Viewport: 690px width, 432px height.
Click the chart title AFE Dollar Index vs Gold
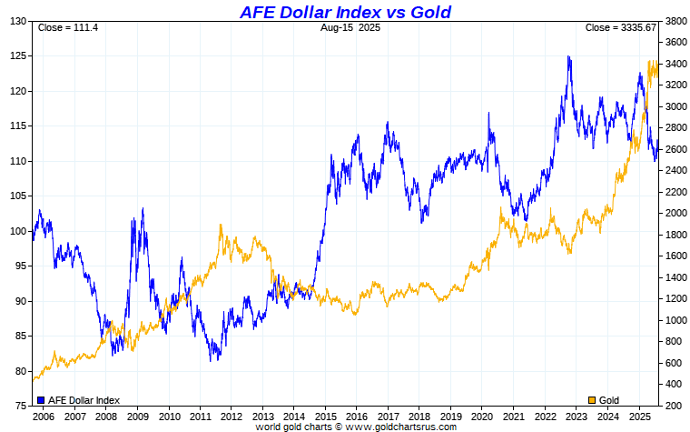pos(345,12)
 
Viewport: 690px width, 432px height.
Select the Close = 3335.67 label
pos(621,27)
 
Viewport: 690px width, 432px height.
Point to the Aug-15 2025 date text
pos(350,27)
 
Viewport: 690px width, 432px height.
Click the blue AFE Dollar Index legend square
pos(41,400)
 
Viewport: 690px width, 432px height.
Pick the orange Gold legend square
pos(593,400)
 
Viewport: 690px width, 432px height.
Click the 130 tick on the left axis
pos(17,21)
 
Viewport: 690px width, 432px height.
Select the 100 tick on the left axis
pos(17,231)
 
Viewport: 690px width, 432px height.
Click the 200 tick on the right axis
pos(674,406)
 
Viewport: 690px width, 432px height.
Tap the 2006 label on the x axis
pos(43,416)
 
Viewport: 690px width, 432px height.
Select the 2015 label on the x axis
pos(326,416)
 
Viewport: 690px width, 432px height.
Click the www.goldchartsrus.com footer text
pos(396,426)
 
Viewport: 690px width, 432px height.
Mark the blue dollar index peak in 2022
pos(568,56)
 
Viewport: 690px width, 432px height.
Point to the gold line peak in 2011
pos(222,225)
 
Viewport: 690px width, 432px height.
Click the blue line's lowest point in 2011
pos(211,360)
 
